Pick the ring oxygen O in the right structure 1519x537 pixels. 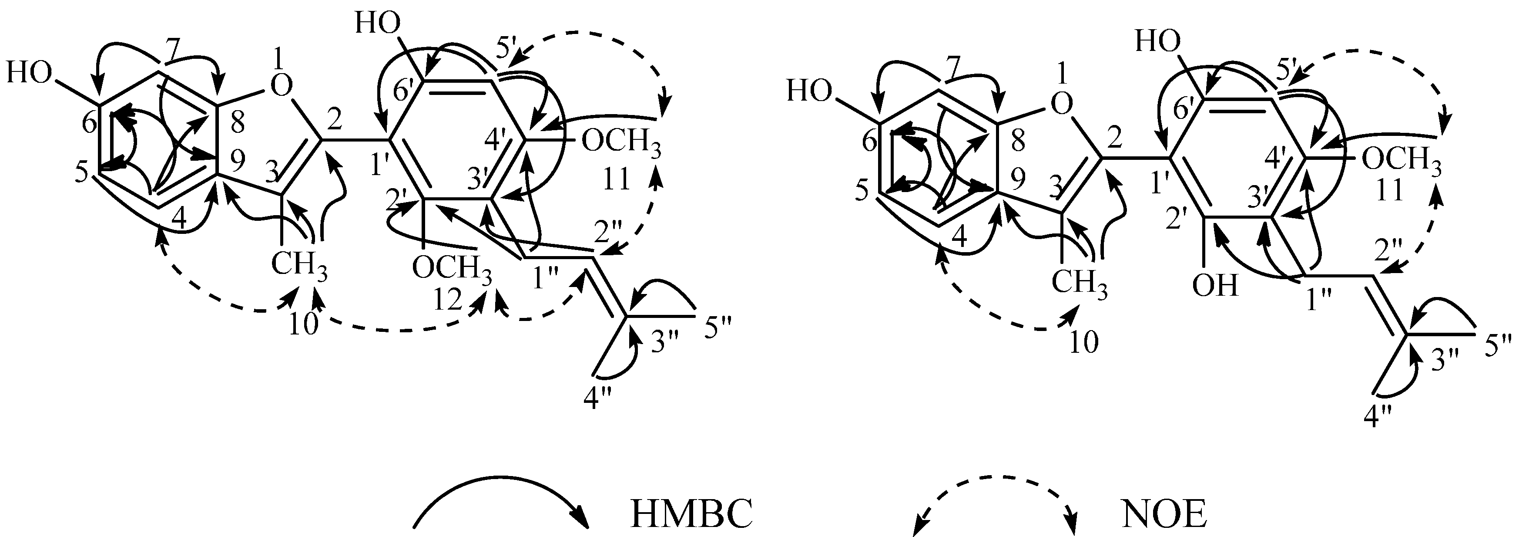[1060, 106]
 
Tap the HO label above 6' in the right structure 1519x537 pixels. [1158, 43]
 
